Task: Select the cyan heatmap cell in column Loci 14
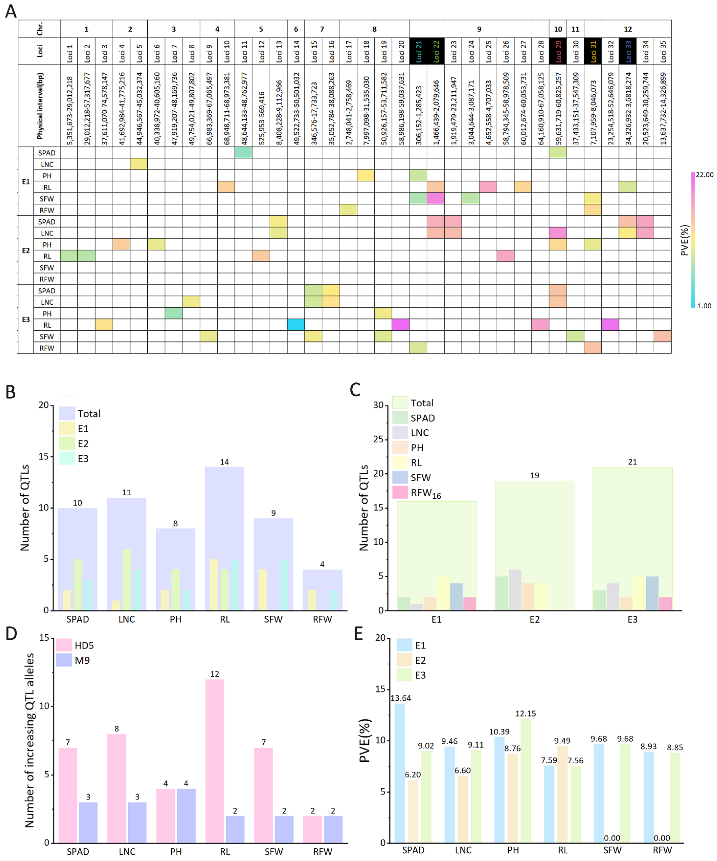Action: click(296, 325)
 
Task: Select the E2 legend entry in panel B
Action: click(83, 444)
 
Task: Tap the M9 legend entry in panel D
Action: click(82, 660)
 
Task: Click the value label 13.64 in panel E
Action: click(400, 698)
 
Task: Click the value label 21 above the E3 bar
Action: click(632, 462)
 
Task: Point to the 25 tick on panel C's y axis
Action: click(378, 439)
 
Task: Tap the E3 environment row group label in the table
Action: click(25, 319)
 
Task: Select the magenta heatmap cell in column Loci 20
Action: click(400, 325)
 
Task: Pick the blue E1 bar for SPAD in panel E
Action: click(400, 773)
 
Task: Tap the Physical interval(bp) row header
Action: click(39, 105)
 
